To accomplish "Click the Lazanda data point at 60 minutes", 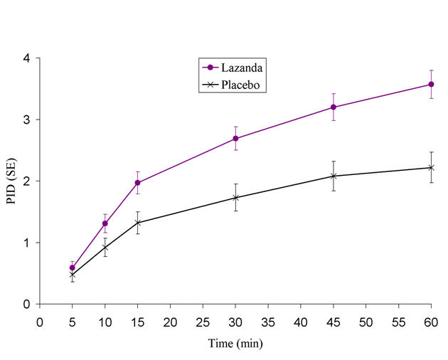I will tap(431, 85).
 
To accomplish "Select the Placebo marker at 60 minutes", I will tap(431, 168).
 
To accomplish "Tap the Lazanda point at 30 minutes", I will tap(235, 139).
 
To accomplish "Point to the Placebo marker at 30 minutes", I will tap(235, 198).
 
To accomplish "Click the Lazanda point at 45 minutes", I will tap(334, 107).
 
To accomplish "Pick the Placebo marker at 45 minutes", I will tap(334, 176).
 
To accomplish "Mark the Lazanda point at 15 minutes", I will tap(137, 183).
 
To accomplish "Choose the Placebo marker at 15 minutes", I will tap(137, 223).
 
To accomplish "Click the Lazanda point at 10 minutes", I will tap(105, 223).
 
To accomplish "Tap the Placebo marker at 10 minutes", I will tap(105, 248).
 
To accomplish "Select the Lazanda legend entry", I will tap(235, 68).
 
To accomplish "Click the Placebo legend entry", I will tap(235, 85).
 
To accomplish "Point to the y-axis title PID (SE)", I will tap(12, 181).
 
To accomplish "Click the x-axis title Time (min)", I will tap(235, 344).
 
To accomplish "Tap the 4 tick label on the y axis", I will tap(26, 58).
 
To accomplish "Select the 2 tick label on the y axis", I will tap(26, 181).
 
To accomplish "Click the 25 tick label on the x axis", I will tap(203, 321).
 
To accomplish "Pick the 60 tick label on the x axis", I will tap(431, 321).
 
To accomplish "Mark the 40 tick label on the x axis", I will tap(301, 321).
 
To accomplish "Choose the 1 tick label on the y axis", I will tap(26, 243).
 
